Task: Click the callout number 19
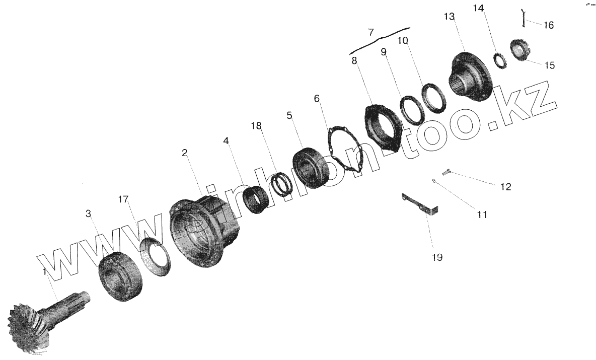[x=437, y=257]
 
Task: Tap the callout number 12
[x=505, y=187]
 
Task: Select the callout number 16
[x=548, y=25]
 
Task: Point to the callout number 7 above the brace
[x=371, y=33]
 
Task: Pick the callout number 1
[x=45, y=272]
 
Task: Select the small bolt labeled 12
[x=445, y=173]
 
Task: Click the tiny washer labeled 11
[x=433, y=181]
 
